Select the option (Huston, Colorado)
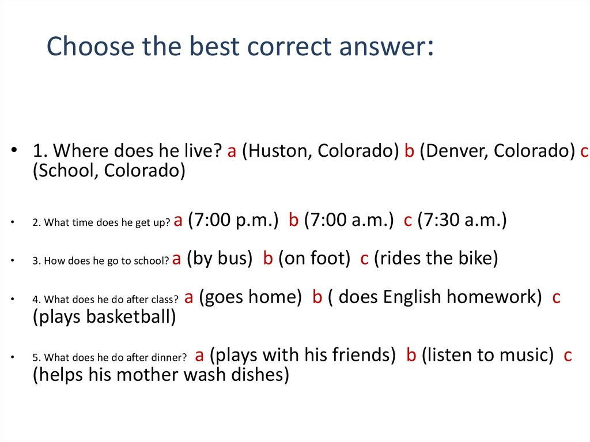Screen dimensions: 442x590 point(320,151)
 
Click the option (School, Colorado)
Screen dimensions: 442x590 point(109,172)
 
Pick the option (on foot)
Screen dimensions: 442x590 point(314,259)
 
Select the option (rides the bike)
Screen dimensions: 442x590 point(436,259)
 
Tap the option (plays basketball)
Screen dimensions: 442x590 point(104,317)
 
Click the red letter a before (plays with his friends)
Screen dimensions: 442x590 point(199,356)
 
